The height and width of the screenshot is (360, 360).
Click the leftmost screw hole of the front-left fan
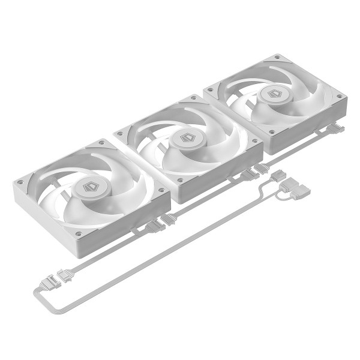pyautogui.click(x=21, y=182)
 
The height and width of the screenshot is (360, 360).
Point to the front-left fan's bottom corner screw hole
pyautogui.click(x=78, y=233)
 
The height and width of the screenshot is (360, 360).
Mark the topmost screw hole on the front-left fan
pyautogui.click(x=100, y=144)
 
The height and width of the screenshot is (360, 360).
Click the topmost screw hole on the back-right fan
pyautogui.click(x=277, y=58)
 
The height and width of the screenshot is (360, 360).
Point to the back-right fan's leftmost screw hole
pyautogui.click(x=210, y=90)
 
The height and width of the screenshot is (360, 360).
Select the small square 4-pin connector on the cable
pyautogui.click(x=278, y=176)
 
